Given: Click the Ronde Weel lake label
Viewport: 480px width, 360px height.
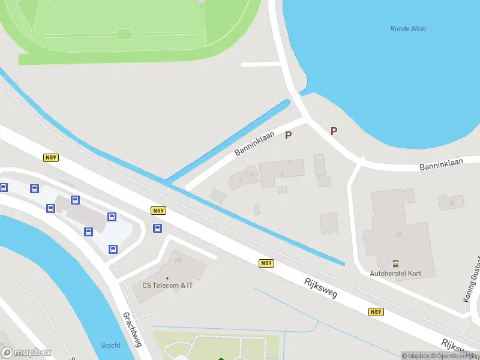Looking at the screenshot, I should [x=408, y=28].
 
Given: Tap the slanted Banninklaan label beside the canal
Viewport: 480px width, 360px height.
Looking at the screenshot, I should [x=254, y=143].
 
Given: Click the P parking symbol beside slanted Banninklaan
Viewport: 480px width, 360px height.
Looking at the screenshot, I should [x=288, y=136].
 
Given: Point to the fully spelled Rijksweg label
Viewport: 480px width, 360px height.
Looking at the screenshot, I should [x=320, y=288].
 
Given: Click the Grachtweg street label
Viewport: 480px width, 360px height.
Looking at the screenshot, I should [x=131, y=329].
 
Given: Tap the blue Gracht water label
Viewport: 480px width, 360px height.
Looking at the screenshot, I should [x=110, y=345].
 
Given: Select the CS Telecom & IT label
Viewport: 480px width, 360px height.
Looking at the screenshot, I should [x=167, y=286].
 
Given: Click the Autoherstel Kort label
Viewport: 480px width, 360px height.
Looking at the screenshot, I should [x=395, y=274].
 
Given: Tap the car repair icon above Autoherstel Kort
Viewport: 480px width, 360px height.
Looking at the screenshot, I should [x=395, y=262].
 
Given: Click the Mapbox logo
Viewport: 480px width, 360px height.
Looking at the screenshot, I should [x=26, y=352].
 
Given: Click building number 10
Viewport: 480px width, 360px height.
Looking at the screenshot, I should [x=398, y=235].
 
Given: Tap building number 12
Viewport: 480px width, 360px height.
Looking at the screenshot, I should [x=451, y=203].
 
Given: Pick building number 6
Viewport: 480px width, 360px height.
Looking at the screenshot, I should [x=281, y=173].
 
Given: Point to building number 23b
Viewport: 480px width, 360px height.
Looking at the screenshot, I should [x=178, y=260].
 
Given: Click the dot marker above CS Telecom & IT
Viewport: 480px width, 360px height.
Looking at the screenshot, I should [x=167, y=278].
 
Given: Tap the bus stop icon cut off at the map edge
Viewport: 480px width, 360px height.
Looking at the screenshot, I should [x=3, y=188].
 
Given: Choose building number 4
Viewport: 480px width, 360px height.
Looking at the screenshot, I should [x=252, y=175].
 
